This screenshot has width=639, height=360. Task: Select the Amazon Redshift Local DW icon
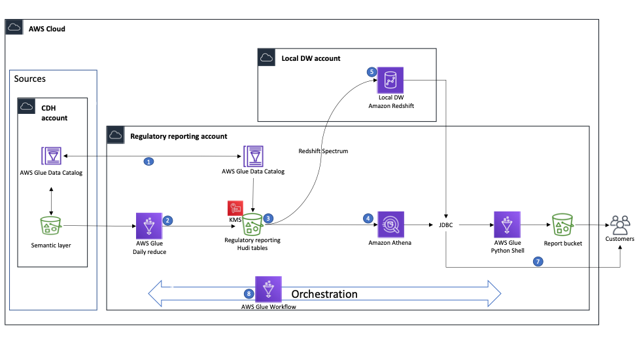[391, 81]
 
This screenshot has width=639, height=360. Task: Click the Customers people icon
[619, 225]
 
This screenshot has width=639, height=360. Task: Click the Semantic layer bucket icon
[51, 226]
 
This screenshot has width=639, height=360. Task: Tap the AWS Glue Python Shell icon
[507, 225]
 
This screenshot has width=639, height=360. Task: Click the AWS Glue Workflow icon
[268, 289]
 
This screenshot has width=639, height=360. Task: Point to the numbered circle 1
[148, 161]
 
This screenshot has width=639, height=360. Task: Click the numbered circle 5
[372, 73]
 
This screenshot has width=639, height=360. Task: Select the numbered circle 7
[538, 261]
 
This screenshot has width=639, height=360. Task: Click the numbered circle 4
[368, 218]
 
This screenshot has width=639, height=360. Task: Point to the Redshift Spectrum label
[323, 151]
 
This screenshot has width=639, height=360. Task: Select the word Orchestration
[324, 294]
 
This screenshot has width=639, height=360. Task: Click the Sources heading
[30, 79]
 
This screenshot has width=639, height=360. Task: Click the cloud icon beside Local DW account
[266, 58]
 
